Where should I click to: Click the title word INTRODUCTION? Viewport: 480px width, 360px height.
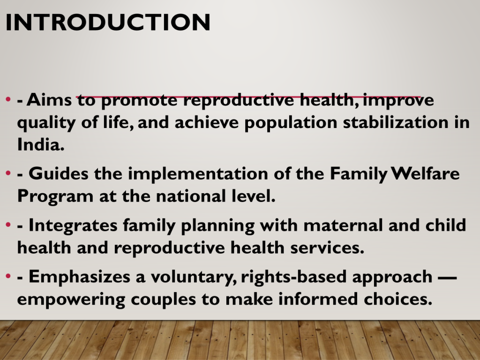[x=108, y=22]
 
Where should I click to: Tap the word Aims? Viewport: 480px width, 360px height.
[x=49, y=100]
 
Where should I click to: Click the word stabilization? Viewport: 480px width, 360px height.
[x=395, y=122]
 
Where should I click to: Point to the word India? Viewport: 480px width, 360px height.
[x=41, y=144]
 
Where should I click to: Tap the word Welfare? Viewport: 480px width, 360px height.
[x=426, y=173]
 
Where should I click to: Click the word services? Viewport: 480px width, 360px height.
[x=327, y=247]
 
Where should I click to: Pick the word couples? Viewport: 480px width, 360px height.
[x=163, y=300]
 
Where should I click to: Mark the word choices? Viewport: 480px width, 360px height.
[x=398, y=299]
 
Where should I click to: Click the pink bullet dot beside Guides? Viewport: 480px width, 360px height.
[x=8, y=173]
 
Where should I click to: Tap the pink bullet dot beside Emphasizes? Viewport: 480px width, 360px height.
[x=8, y=277]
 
